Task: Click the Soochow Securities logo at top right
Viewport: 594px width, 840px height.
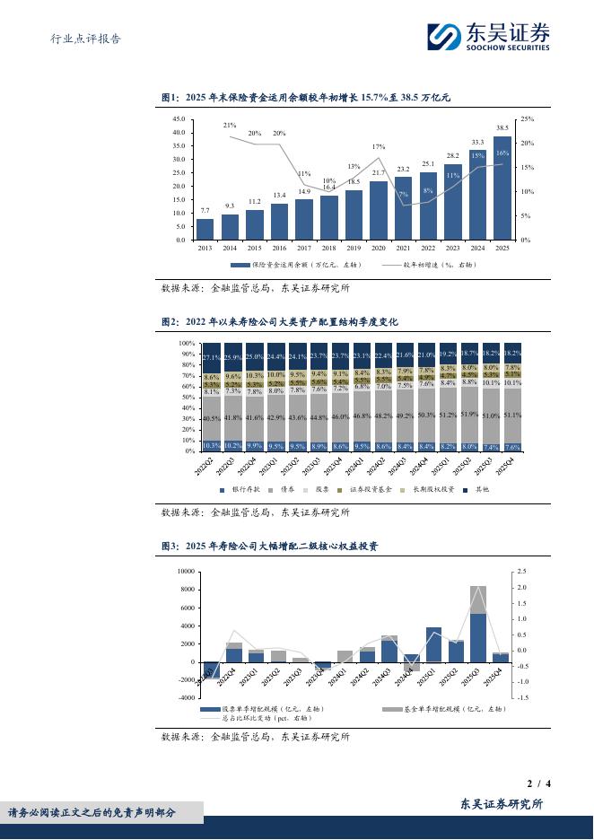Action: pos(488,37)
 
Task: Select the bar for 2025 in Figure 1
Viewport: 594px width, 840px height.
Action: pos(502,188)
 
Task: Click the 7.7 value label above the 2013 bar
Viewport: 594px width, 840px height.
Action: pos(205,210)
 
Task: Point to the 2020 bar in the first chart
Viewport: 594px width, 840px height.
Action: pos(379,211)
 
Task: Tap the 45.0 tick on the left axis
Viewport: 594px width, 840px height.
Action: pos(178,118)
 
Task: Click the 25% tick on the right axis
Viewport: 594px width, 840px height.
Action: pos(528,118)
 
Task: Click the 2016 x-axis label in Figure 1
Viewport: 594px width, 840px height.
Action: pos(280,248)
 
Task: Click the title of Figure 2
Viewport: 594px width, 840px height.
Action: pos(279,320)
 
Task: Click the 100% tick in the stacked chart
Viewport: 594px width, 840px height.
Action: pos(186,344)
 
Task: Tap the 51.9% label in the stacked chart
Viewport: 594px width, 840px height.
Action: pos(468,415)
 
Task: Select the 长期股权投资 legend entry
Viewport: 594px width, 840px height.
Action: pos(435,490)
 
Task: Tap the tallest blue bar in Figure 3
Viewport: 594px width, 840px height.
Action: pos(478,637)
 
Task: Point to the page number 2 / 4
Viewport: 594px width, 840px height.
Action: pos(538,783)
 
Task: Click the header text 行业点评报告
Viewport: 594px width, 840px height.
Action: pos(83,39)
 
